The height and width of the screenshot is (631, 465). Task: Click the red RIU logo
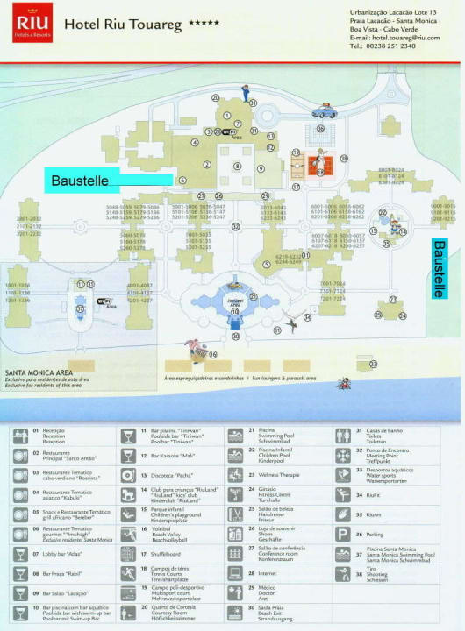point(25,22)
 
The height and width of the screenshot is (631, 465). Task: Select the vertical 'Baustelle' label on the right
point(439,268)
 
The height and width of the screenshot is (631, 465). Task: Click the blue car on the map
point(325,111)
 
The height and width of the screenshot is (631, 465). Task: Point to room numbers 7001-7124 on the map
point(333,291)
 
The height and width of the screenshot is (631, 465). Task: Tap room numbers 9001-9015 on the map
point(442,212)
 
